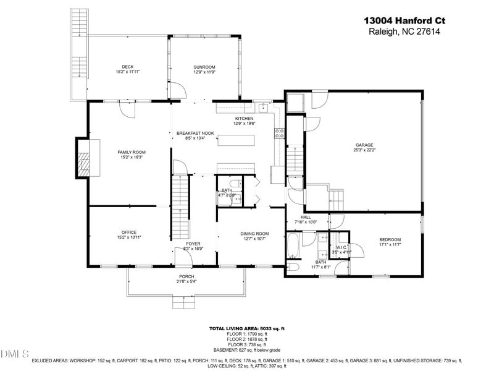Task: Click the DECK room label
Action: coord(128,67)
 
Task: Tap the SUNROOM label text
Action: coord(204,67)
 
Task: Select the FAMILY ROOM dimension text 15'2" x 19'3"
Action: coord(130,157)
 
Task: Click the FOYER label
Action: coord(193,244)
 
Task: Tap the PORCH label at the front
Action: coord(186,276)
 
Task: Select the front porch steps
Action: coord(183,302)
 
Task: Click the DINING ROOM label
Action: coord(254,233)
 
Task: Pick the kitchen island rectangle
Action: coord(235,139)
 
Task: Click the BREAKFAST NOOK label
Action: coord(195,133)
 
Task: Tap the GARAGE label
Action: coord(365,145)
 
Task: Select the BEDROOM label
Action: coord(390,240)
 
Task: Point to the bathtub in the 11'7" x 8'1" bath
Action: coord(294,245)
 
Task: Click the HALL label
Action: coord(305,217)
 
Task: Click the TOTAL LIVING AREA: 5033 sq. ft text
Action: coord(247,329)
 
